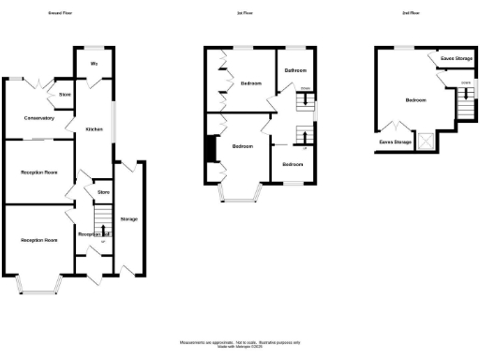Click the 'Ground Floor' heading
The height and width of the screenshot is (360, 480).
(x=64, y=14)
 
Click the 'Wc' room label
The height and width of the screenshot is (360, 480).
(x=94, y=64)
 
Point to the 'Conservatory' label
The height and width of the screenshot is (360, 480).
(x=39, y=118)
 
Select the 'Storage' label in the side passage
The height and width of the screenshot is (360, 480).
(x=129, y=219)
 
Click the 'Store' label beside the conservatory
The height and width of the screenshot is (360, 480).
(x=65, y=95)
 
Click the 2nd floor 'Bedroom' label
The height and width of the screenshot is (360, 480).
(x=415, y=99)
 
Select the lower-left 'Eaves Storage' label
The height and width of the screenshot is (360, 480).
(x=395, y=142)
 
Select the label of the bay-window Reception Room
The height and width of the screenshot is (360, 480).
(x=39, y=241)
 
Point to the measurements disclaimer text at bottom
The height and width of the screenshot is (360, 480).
(x=240, y=344)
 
